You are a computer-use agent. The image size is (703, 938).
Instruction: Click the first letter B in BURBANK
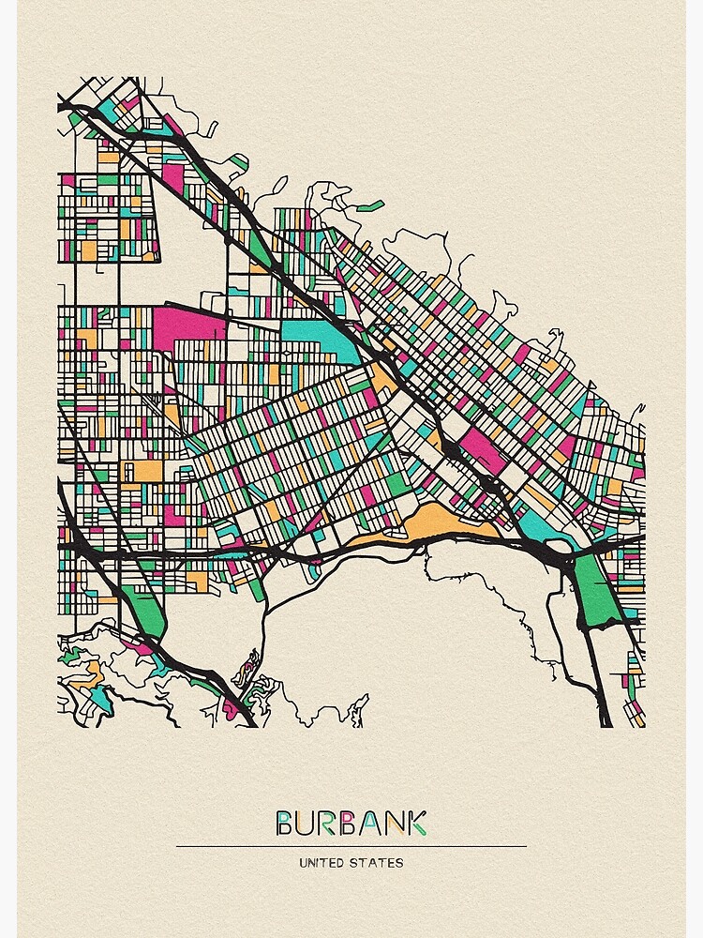coord(285,824)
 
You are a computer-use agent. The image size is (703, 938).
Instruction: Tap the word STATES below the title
coord(380,862)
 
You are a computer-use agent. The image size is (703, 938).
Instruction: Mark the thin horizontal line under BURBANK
coord(351,846)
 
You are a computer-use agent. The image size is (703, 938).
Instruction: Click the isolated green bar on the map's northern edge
coord(370,205)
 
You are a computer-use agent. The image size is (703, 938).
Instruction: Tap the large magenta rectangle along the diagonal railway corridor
coord(484,449)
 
